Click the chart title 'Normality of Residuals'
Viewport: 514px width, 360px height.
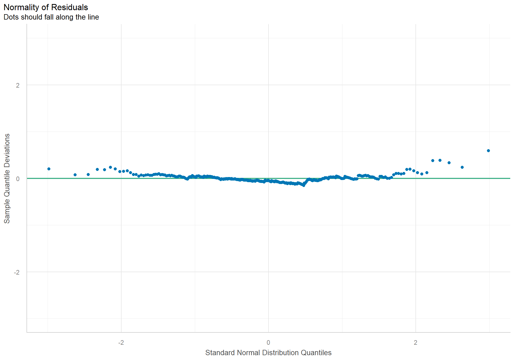tap(46, 7)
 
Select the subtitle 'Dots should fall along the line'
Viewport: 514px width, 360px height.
tap(51, 17)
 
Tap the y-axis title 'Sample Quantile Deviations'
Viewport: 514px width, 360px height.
tap(7, 178)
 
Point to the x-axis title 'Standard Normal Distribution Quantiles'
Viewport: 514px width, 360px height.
tap(268, 352)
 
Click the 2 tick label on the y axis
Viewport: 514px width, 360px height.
tap(18, 85)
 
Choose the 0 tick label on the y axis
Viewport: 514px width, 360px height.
tap(18, 179)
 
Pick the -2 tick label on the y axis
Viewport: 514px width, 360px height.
tap(17, 272)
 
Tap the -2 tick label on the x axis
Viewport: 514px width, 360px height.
tap(121, 343)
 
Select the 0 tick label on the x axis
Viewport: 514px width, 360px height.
tap(268, 343)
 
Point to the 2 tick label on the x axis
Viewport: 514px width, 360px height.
tap(415, 343)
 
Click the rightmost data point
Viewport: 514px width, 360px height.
tap(488, 151)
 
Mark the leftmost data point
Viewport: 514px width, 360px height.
tap(49, 169)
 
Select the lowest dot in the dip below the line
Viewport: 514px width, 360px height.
tap(304, 185)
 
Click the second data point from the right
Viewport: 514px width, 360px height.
tap(462, 167)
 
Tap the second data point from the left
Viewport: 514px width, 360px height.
tap(75, 175)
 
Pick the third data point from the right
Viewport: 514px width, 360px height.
tap(449, 163)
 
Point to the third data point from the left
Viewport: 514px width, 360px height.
tap(88, 174)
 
